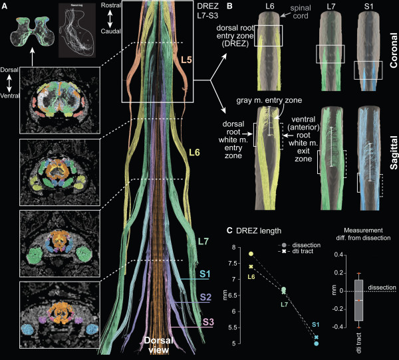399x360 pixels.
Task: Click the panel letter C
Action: click(x=229, y=231)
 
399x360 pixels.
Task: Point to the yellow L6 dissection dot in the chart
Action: click(x=251, y=254)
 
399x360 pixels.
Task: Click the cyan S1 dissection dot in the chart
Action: click(x=316, y=343)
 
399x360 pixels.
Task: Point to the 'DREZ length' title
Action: click(x=259, y=231)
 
